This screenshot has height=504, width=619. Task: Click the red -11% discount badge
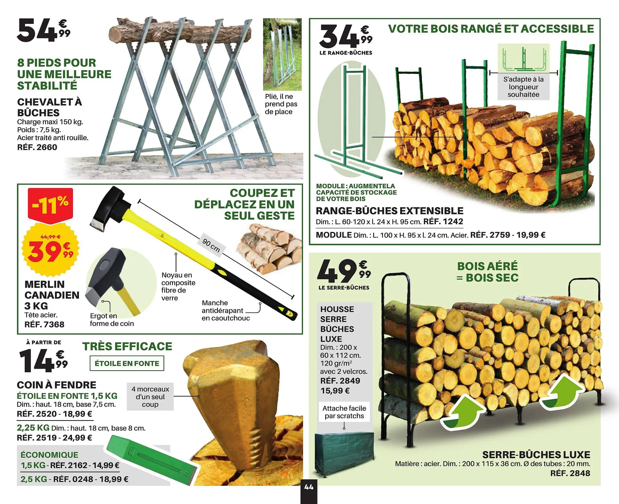coord(50,205)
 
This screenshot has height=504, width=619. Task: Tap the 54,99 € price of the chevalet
coord(44,30)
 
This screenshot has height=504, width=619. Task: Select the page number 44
coord(309,487)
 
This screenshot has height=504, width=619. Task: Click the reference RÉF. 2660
coord(37,147)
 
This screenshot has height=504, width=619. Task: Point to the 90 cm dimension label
coord(211,245)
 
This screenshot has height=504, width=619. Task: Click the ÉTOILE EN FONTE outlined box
coord(127,363)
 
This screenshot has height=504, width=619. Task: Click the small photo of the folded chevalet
coord(282,54)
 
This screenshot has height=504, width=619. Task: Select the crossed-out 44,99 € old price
coord(51,237)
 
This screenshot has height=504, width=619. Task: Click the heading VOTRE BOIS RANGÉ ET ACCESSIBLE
coord(491,29)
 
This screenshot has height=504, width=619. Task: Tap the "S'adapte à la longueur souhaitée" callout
coord(523,87)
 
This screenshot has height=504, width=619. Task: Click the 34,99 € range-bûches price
coord(346,37)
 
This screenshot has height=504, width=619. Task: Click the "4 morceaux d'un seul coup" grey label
coord(150,396)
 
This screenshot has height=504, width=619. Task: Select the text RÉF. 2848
coord(570,473)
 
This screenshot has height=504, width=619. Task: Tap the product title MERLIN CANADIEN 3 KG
coord(52,295)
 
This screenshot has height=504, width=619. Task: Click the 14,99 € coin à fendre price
coord(44,360)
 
